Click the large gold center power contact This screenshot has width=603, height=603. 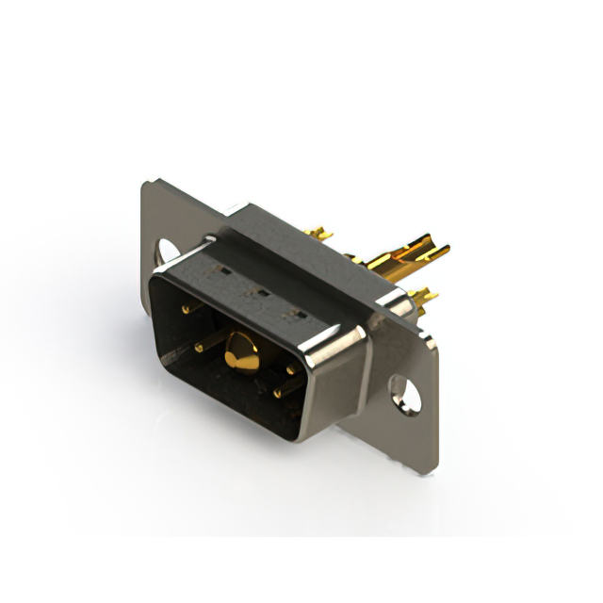pos(244,353)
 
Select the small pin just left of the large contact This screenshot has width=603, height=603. pos(200,348)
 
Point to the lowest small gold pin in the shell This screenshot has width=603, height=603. pos(278,392)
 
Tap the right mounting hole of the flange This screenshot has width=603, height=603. pos(405,393)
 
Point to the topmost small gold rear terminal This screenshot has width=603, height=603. pos(320,233)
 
